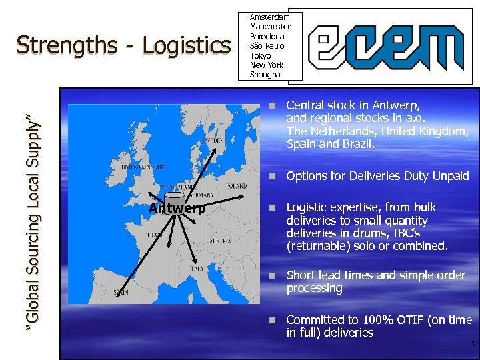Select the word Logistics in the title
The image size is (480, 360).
(x=186, y=45)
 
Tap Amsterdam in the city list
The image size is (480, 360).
(x=269, y=17)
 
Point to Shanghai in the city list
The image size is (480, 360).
(x=266, y=74)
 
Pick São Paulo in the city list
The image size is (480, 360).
(x=267, y=46)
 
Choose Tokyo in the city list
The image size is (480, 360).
(x=260, y=55)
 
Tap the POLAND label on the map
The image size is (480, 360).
(x=237, y=187)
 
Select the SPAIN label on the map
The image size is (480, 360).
(x=121, y=291)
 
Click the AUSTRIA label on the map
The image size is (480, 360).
(x=220, y=241)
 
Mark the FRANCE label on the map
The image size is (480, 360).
(x=158, y=235)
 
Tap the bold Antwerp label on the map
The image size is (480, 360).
(x=177, y=209)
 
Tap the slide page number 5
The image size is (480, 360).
(x=472, y=345)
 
